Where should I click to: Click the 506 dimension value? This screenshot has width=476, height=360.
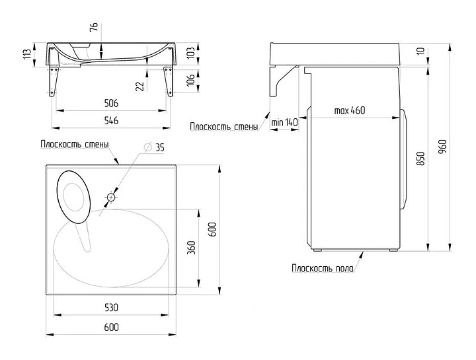coord(111,104)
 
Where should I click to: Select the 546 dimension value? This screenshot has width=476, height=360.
coord(111,121)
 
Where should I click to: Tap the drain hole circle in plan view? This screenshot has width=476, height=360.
coord(112,197)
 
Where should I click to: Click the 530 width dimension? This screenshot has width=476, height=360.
coord(111,307)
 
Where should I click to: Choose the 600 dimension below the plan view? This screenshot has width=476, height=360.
coord(111,328)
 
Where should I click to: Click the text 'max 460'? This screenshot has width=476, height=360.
coord(350,110)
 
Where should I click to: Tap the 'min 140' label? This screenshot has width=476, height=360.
coord(284,123)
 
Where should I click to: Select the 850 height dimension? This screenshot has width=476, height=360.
coord(421,159)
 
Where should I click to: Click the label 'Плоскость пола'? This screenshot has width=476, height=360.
coord(322,268)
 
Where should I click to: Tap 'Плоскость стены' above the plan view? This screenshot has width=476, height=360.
coord(74,145)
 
